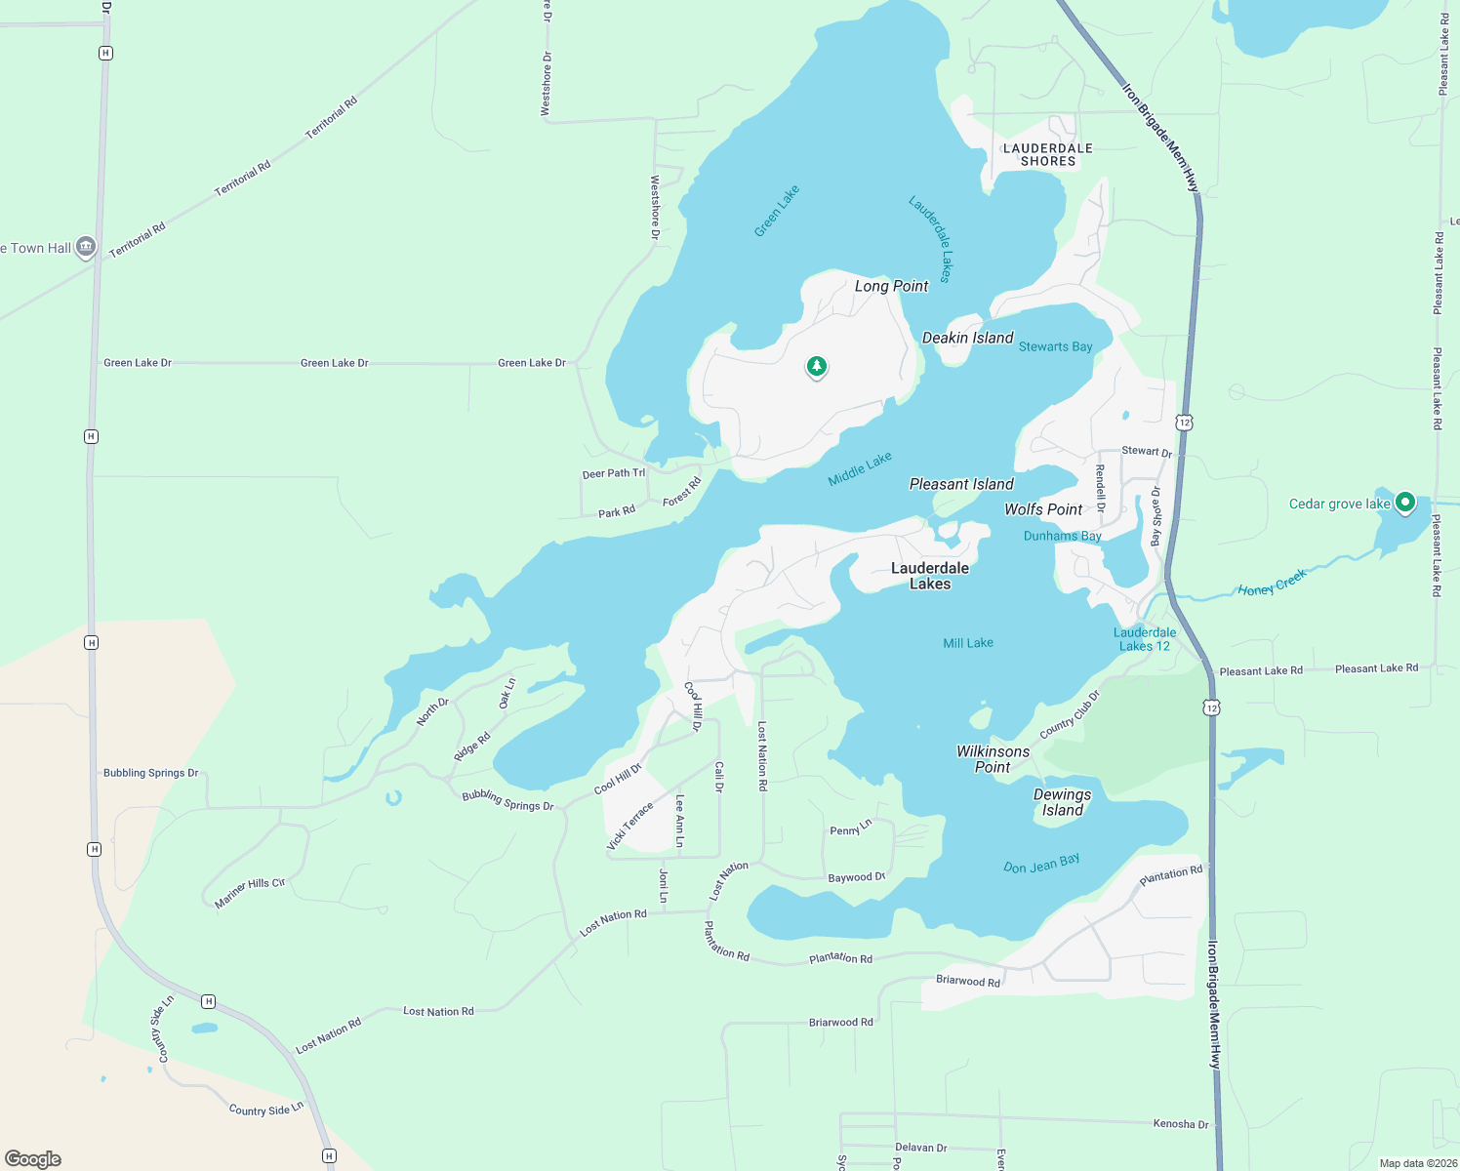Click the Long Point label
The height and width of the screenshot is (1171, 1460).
coord(891,286)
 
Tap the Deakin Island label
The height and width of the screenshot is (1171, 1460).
coord(967,338)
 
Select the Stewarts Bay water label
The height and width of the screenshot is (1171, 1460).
coord(1055,346)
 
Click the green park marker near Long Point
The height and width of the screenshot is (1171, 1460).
coord(817,367)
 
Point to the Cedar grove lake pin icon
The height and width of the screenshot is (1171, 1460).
coord(1404,503)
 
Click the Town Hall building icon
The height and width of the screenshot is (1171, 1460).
coord(86,248)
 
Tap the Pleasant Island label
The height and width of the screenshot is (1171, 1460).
coord(961,484)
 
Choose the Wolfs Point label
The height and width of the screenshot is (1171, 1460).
coord(1043,509)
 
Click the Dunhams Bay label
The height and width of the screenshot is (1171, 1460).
coord(1062,536)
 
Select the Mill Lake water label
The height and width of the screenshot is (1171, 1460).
coord(968,643)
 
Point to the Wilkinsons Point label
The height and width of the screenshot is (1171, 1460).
coord(993,759)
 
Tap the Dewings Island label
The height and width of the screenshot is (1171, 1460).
coord(1062,802)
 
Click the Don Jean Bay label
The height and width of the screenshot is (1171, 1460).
coord(1041,864)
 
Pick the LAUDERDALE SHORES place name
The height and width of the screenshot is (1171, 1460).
coord(1048,154)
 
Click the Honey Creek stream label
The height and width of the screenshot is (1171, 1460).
coord(1272,584)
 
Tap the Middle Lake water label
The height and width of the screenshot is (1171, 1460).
coord(860,469)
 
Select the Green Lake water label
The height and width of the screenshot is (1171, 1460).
coord(777,211)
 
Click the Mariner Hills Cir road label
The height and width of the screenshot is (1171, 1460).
coord(250,893)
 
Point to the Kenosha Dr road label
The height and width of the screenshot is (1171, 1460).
coord(1181,1124)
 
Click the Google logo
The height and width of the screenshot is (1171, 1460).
coord(33,1159)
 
